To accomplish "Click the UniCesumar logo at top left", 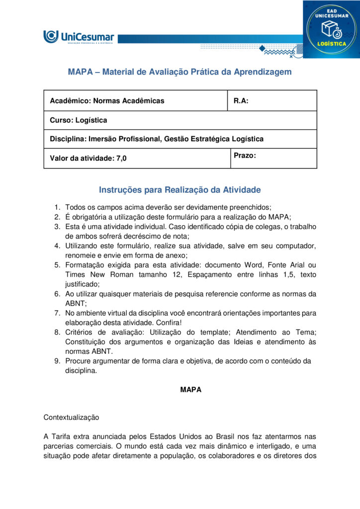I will click(x=79, y=37).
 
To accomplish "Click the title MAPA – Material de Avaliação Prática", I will click(x=180, y=72).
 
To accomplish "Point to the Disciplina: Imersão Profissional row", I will click(x=157, y=139).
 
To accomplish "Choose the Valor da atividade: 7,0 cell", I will click(x=88, y=159).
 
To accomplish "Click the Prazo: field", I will click(x=245, y=156).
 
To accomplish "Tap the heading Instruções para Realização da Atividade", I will click(x=180, y=190).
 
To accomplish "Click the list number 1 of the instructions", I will click(x=57, y=207).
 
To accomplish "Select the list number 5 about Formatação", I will click(x=57, y=265).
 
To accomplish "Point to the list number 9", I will click(x=57, y=361).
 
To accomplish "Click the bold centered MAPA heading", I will click(x=191, y=390).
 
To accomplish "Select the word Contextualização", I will click(x=72, y=418).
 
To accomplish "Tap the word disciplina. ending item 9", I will click(x=82, y=371).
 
